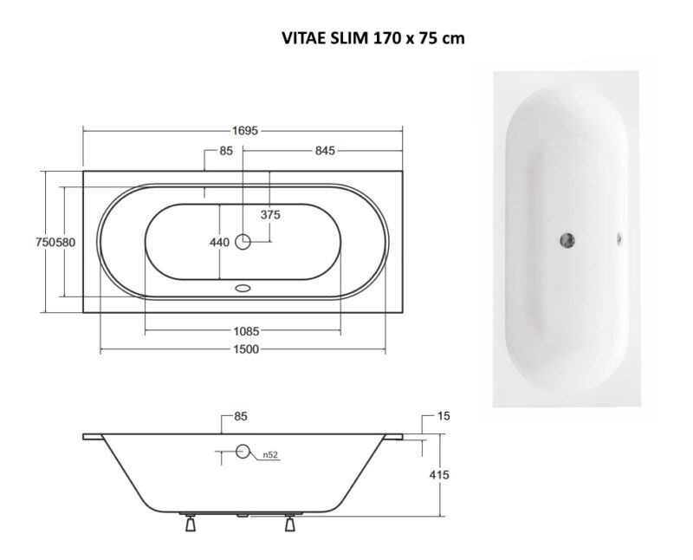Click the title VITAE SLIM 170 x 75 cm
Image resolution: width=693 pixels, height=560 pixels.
click(373, 38)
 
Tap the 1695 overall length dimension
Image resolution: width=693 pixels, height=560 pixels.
click(245, 131)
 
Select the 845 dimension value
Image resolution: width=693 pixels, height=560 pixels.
click(325, 151)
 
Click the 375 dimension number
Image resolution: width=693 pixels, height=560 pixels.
click(270, 215)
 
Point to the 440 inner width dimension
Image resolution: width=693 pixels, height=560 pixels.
click(220, 243)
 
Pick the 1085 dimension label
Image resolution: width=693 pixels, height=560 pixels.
click(246, 331)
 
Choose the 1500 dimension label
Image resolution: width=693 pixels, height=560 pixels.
click(246, 349)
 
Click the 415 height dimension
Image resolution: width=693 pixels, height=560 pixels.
click(439, 475)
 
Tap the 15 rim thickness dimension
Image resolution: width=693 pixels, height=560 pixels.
click(444, 416)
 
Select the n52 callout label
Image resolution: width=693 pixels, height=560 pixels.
click(270, 455)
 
